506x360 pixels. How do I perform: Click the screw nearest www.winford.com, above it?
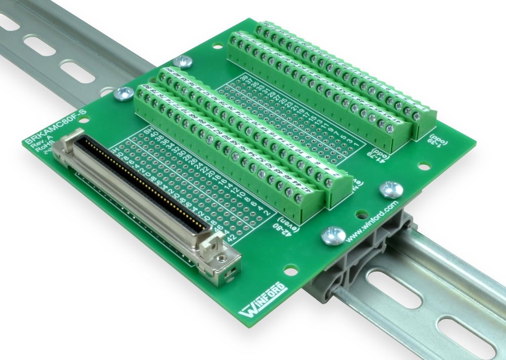pos(391,189)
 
